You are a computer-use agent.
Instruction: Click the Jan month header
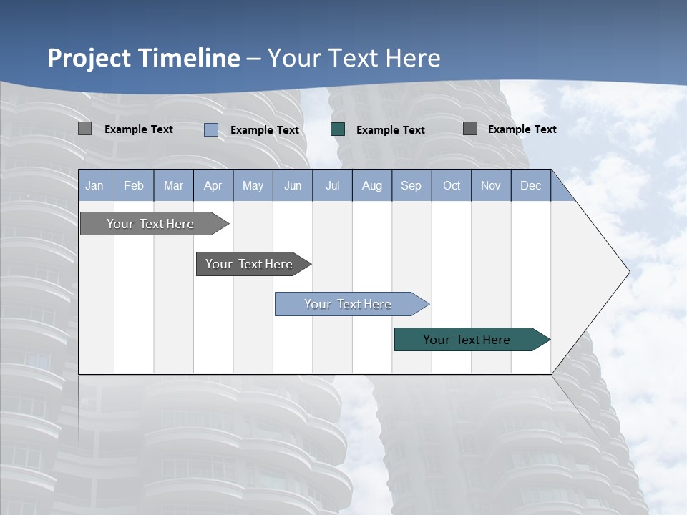94,185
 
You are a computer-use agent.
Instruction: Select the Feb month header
134,185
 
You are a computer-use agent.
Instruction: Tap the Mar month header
173,185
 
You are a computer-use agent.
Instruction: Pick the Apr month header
213,185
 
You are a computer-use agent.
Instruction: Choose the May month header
253,185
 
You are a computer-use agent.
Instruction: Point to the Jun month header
293,185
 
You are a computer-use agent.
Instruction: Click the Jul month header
332,185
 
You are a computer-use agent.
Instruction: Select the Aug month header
371,185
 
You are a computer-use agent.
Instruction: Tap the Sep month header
411,185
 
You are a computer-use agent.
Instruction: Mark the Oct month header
452,185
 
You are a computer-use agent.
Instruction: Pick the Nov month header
491,185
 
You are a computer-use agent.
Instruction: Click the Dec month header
530,185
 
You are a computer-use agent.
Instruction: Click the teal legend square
338,129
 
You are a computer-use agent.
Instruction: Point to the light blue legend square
211,129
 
